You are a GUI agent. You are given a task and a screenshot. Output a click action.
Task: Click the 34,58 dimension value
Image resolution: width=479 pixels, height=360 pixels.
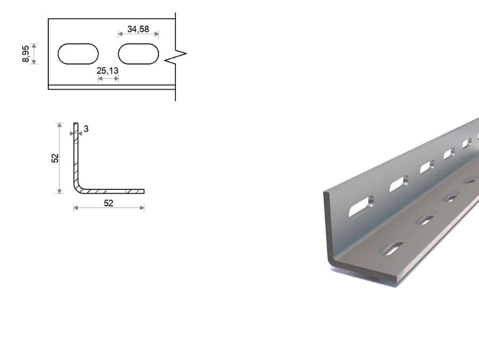click(138, 29)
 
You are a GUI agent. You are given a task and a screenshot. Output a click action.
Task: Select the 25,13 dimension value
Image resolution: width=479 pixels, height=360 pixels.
click(108, 71)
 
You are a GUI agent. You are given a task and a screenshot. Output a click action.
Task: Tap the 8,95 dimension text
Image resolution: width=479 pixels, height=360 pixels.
click(26, 54)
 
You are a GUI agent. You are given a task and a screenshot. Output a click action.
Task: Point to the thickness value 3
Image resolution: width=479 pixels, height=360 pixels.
click(86, 129)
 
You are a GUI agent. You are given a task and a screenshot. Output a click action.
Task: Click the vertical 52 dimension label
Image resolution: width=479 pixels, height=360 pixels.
click(55, 158)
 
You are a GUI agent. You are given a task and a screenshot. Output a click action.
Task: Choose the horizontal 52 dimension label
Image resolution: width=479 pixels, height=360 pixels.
click(109, 203)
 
